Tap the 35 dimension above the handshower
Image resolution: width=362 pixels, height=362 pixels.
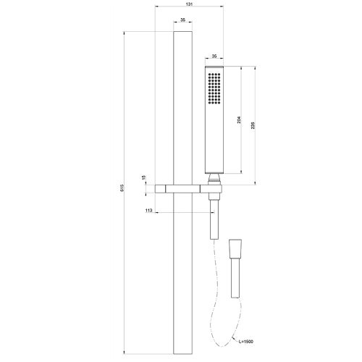(214, 55)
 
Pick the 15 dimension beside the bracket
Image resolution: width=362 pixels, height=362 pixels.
(144, 178)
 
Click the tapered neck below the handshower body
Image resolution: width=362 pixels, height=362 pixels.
(214, 177)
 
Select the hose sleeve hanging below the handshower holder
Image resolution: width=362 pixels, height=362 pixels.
(214, 221)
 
